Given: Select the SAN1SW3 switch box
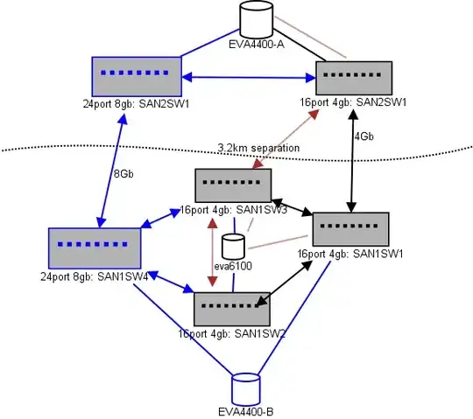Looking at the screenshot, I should (232, 186).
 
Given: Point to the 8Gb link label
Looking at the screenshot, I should (124, 174).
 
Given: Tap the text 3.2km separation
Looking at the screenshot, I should (258, 148).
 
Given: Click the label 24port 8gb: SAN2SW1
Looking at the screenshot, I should (136, 102).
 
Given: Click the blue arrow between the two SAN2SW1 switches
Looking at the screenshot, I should (248, 79).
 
